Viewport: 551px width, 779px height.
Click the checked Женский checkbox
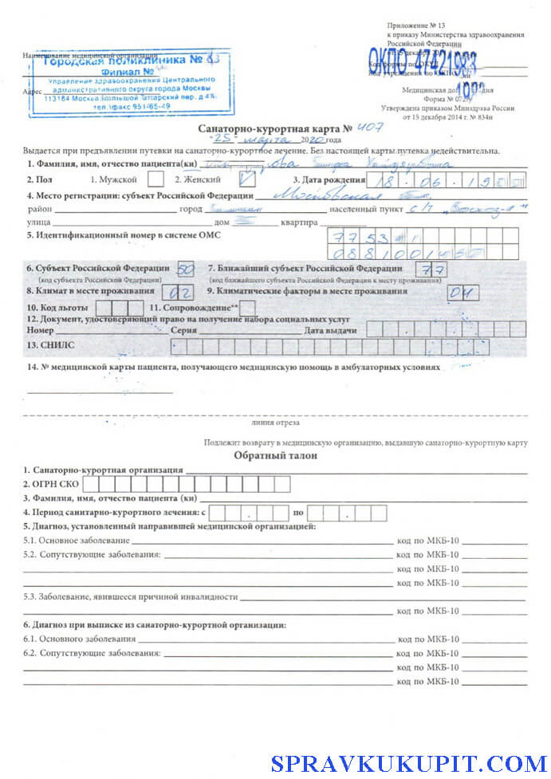click(x=247, y=179)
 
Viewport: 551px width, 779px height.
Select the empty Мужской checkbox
click(x=156, y=179)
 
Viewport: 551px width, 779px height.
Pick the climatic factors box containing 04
click(x=462, y=293)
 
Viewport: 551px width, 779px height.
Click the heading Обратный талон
click(x=275, y=455)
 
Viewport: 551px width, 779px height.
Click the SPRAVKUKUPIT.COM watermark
click(x=409, y=763)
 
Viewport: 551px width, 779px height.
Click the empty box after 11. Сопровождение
click(x=248, y=307)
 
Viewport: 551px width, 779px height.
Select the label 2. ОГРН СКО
click(x=52, y=484)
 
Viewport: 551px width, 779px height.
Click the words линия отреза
click(x=274, y=423)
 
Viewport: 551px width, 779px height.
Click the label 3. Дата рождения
click(x=329, y=180)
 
